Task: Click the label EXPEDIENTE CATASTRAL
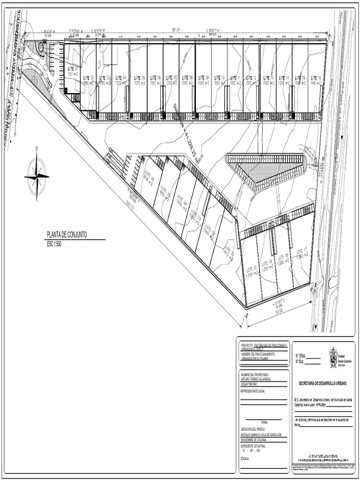point(254,446)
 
